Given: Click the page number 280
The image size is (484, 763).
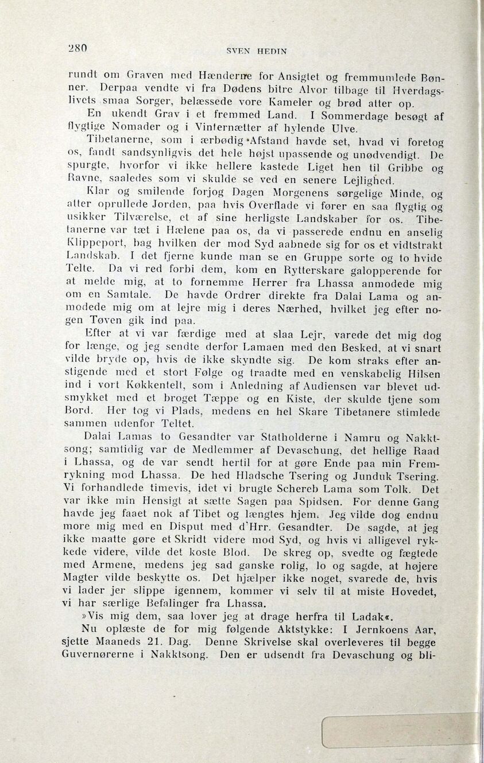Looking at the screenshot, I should pyautogui.click(x=76, y=49).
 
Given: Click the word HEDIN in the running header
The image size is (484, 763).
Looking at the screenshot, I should pyautogui.click(x=272, y=51).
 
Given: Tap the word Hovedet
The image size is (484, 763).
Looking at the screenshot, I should pyautogui.click(x=412, y=591).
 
